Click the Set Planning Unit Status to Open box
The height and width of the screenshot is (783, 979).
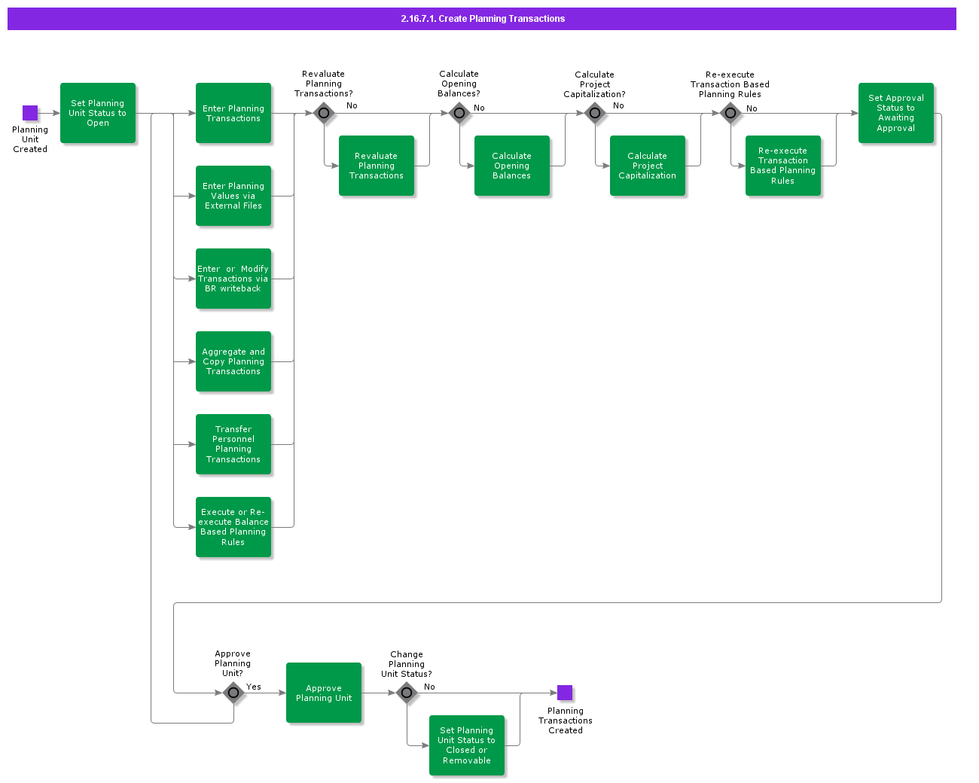(98, 113)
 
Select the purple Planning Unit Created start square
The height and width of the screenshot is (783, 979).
(30, 113)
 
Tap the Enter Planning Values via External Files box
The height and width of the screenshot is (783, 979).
(233, 196)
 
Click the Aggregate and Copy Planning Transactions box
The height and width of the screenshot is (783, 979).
(233, 361)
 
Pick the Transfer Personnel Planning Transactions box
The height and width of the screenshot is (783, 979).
(233, 444)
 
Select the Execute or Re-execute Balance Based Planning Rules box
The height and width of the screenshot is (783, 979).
(233, 527)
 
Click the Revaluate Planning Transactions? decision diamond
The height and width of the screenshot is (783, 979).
(324, 114)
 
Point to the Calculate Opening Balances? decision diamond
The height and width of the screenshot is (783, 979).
(459, 114)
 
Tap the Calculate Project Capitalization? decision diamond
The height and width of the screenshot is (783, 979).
(595, 114)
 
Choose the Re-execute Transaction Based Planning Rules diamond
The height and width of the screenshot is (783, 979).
(730, 114)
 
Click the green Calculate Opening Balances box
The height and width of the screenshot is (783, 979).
(512, 166)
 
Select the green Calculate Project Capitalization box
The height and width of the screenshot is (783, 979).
(648, 166)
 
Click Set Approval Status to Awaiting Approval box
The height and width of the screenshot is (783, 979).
(896, 113)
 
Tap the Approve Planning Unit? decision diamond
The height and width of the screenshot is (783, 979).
(233, 693)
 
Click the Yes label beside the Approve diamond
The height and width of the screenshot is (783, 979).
(254, 687)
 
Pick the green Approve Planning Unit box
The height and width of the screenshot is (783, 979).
(324, 693)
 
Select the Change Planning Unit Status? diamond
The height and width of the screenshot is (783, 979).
(407, 693)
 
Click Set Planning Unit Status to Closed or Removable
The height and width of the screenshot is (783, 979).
(467, 745)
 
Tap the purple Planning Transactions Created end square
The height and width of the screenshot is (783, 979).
(565, 693)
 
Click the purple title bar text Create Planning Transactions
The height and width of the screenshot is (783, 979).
(483, 19)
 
